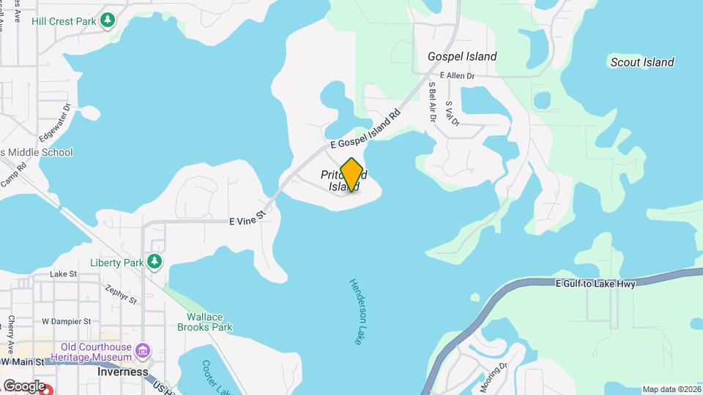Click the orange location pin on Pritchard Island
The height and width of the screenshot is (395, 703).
352,173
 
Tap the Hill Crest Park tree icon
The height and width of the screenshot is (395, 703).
108,20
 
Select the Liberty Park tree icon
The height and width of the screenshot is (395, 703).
154,262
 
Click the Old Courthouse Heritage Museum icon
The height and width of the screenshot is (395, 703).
143,352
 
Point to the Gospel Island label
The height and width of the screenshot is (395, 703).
462,56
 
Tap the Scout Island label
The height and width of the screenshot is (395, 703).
642,62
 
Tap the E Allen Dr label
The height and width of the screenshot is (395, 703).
458,75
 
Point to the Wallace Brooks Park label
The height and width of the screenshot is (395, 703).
204,322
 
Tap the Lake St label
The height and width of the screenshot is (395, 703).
63,274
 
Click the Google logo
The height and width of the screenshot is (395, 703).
23,385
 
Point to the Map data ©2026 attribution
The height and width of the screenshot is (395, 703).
672,389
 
